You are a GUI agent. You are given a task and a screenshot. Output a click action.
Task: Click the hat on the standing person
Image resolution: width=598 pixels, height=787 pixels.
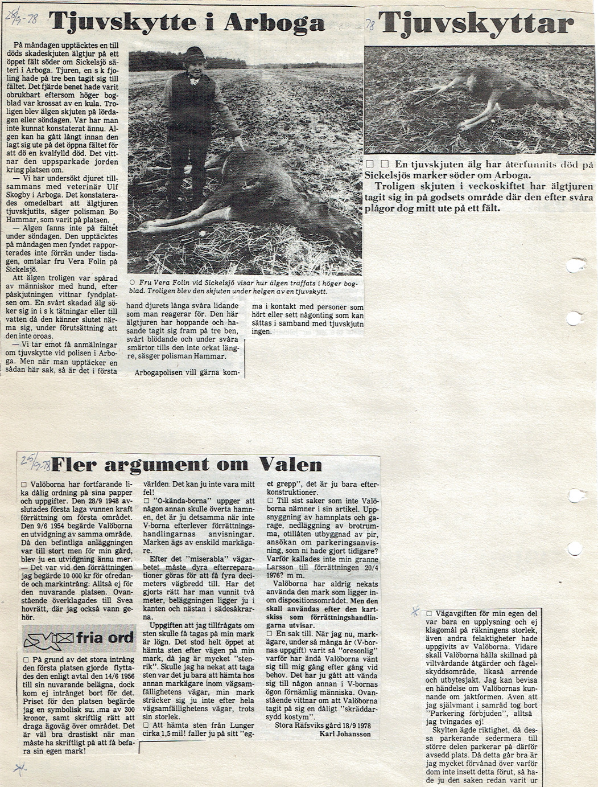coord(194,53)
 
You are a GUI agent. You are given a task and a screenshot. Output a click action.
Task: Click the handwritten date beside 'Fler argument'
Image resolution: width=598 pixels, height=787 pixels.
coord(35,461)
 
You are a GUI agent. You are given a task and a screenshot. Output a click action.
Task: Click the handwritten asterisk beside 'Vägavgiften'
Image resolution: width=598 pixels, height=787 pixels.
coord(416,612)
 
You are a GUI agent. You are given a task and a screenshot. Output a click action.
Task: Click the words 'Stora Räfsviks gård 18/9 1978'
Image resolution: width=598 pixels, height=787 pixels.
coord(323,725)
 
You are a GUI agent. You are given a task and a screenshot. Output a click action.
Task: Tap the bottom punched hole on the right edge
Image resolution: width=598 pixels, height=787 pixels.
coord(575,548)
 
